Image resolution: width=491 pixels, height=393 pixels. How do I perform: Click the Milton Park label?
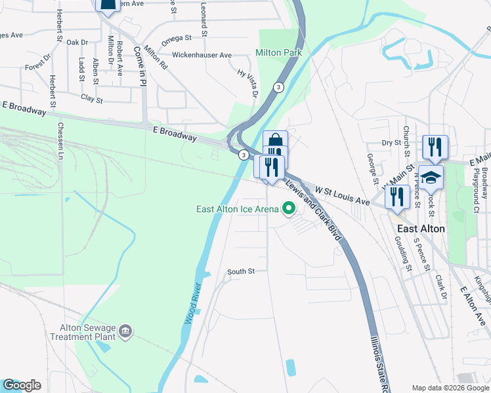point(279,53)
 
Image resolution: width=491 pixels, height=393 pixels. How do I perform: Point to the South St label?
point(240,271)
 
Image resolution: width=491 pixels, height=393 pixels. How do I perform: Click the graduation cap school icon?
point(431,178)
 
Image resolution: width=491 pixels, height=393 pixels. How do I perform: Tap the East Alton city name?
point(421,229)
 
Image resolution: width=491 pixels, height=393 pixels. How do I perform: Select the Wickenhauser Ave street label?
point(202,55)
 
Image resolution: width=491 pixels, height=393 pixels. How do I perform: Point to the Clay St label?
point(92,100)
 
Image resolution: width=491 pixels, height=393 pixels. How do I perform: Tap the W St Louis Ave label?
point(342,194)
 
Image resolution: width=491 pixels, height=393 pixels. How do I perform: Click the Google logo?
point(22,385)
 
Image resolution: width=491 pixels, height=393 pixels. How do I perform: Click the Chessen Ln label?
point(60,141)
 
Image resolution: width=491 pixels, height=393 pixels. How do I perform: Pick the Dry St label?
point(391,143)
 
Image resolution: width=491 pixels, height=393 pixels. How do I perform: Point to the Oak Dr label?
point(77,42)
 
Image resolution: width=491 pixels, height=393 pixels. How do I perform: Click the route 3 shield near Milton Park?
point(279,87)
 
